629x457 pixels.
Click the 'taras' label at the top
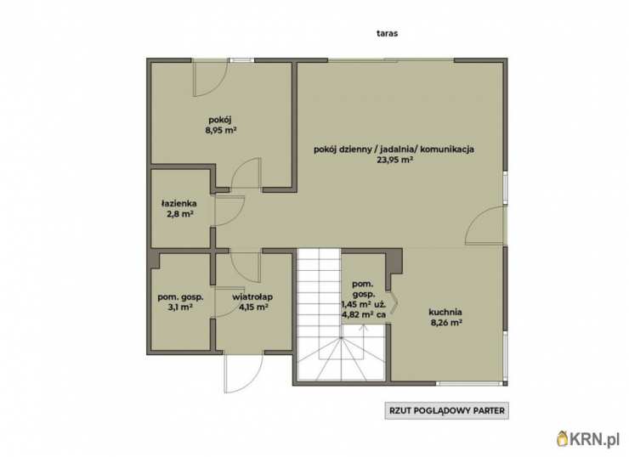click(x=387, y=33)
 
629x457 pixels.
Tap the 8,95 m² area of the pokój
click(x=221, y=130)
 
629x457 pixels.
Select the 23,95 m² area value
click(x=394, y=160)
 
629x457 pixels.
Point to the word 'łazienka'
click(x=178, y=203)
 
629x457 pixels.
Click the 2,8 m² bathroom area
click(x=180, y=214)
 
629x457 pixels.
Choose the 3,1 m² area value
click(x=180, y=307)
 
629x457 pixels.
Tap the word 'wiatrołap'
click(x=252, y=297)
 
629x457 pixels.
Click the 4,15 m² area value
click(x=253, y=307)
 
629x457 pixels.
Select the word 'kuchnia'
click(x=445, y=312)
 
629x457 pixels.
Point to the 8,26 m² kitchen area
click(x=445, y=322)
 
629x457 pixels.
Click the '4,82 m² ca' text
click(x=364, y=314)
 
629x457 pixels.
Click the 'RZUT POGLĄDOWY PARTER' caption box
click(x=447, y=411)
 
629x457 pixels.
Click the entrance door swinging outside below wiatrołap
click(x=243, y=373)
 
